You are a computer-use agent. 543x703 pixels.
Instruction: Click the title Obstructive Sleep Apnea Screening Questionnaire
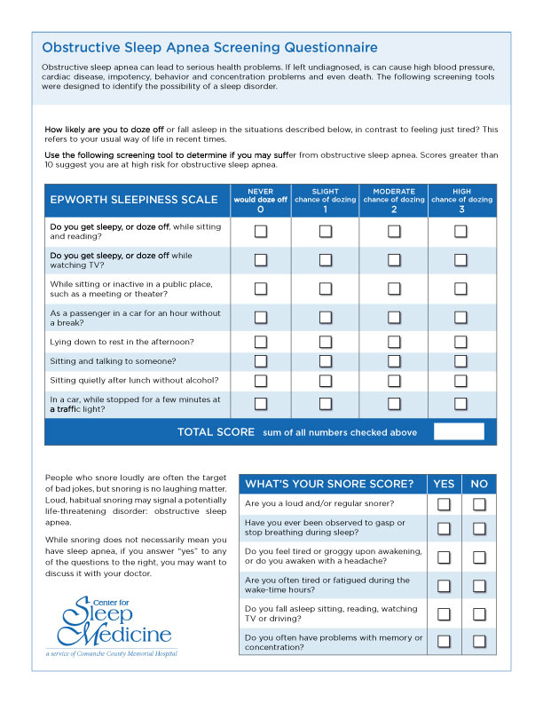pos(209,47)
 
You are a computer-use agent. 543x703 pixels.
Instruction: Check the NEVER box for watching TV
pos(261,260)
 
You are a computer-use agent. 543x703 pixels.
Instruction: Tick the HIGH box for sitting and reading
pos(461,232)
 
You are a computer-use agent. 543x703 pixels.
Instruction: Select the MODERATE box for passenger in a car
pos(394,317)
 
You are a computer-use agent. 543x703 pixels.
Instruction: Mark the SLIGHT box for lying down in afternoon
pos(326,342)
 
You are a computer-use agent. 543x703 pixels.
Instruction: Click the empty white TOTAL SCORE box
pos(459,431)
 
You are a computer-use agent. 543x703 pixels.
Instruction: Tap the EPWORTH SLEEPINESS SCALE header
pos(134,200)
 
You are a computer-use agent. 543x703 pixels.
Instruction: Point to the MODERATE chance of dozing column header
pos(394,200)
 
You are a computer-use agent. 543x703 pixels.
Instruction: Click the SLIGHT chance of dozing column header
pos(326,200)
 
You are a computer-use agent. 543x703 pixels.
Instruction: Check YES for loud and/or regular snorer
pos(445,504)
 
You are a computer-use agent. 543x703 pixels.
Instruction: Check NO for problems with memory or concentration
pos(479,641)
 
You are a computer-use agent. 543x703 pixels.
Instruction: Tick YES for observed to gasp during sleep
pos(445,529)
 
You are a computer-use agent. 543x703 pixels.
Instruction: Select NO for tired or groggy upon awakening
pos(479,557)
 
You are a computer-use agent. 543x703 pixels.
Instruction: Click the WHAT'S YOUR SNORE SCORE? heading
pos(329,484)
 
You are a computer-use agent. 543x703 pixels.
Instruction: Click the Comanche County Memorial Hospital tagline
pos(111,653)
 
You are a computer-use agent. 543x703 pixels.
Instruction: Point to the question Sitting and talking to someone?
pos(113,361)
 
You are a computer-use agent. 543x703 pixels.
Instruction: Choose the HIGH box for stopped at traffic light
pos(461,404)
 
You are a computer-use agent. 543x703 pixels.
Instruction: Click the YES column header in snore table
pos(444,484)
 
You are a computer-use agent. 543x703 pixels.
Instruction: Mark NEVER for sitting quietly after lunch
pos(261,381)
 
